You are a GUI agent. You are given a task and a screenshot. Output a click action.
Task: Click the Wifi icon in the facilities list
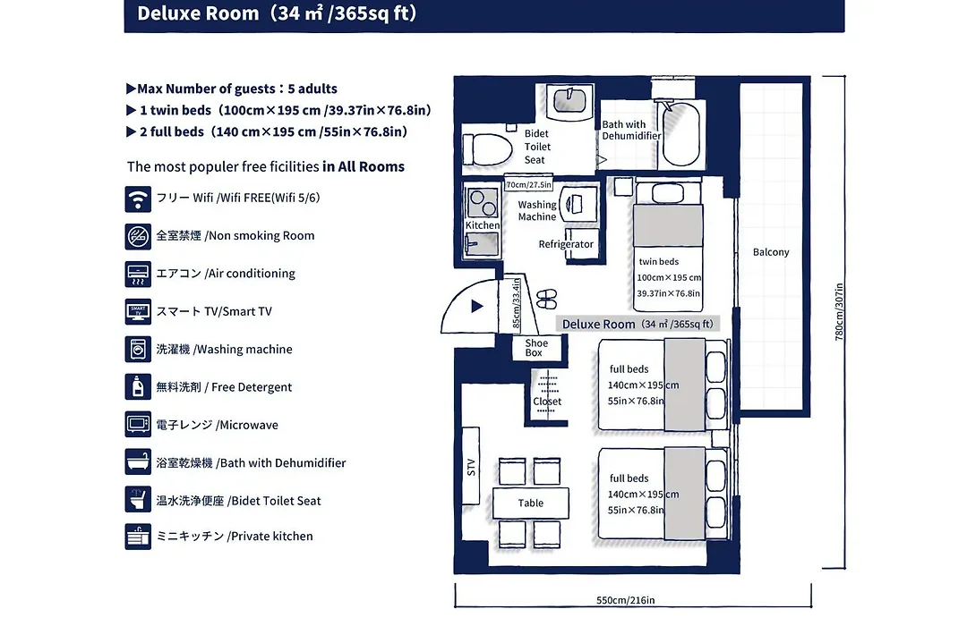click(x=138, y=199)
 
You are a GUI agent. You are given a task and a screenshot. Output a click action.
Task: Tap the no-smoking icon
click(x=138, y=237)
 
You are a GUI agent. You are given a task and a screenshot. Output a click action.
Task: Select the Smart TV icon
click(x=138, y=312)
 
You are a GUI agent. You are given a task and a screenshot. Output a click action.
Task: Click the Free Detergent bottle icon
click(x=138, y=387)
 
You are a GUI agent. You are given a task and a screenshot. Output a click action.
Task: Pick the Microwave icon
click(x=138, y=425)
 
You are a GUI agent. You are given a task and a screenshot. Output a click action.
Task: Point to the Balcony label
click(x=771, y=252)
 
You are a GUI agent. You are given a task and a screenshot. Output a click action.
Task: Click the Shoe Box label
click(x=536, y=348)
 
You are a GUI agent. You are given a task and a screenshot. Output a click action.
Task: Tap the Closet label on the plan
click(x=547, y=402)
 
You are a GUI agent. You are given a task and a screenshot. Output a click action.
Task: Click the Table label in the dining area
click(x=530, y=503)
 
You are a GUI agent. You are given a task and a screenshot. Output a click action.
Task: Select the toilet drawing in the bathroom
click(x=488, y=149)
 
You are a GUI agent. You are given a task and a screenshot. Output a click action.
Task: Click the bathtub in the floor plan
click(x=680, y=134)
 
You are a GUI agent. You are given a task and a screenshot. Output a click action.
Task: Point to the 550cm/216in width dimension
click(x=625, y=600)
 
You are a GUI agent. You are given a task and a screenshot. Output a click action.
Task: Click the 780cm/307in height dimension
click(x=839, y=312)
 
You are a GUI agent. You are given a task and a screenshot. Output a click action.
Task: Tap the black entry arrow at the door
click(x=476, y=306)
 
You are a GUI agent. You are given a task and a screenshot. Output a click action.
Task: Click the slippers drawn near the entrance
click(x=546, y=299)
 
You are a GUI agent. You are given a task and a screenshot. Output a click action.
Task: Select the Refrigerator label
click(x=566, y=244)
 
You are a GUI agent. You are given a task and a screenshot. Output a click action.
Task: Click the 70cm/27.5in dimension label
click(x=528, y=185)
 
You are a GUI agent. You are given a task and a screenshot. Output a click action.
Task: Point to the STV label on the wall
click(x=471, y=467)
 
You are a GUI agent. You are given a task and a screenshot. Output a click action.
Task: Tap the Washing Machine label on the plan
click(x=537, y=211)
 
